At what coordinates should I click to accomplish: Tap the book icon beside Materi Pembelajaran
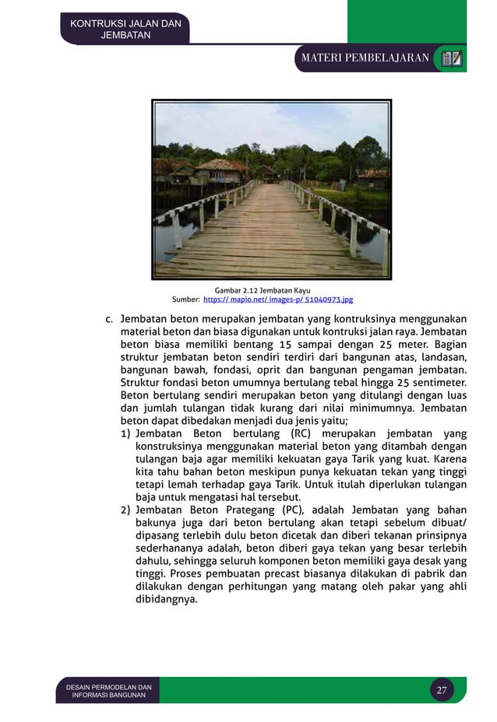451,58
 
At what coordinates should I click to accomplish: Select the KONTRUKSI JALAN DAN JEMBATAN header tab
125,29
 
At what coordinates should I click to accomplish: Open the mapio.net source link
278,300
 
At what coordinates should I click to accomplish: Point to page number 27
442,690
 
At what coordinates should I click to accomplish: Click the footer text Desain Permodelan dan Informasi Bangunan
108,691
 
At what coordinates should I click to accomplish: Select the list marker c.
110,319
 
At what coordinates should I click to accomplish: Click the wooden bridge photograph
271,189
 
